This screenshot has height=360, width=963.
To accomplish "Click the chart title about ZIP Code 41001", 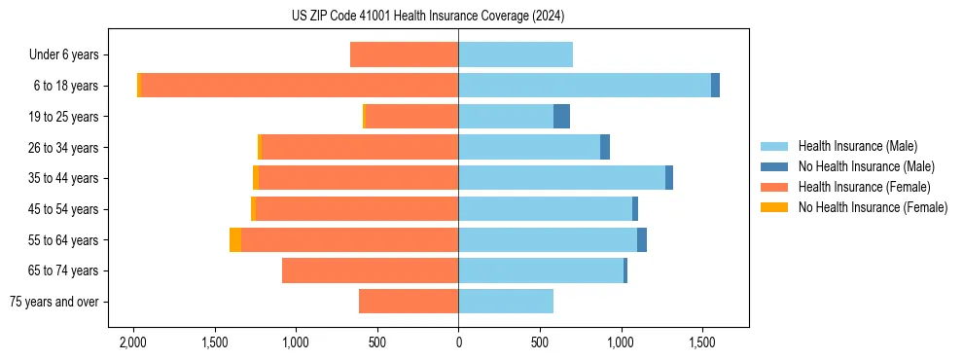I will coord(427,16).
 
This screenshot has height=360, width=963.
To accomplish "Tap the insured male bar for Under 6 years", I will coord(516,54).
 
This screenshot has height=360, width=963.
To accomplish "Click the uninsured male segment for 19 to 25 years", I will coord(561,117).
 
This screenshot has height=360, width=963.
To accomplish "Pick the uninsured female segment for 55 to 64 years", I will coord(235,240).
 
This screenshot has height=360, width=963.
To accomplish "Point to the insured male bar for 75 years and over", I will coord(506,302).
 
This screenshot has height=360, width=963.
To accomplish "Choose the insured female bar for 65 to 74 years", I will coord(370,270).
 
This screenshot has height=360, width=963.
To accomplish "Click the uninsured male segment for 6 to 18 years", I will coord(715,86).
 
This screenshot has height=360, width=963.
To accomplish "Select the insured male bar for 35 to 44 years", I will coord(561,178).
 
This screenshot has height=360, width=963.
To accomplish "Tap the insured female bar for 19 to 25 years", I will coord(411,117).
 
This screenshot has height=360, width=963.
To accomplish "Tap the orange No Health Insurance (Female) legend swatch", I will coord(775,207).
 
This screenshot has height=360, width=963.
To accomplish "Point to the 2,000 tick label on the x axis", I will coord(132,342).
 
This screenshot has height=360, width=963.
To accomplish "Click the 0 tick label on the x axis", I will coord(458,342).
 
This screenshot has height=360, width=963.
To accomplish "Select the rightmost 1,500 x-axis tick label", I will coord(702,342).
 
